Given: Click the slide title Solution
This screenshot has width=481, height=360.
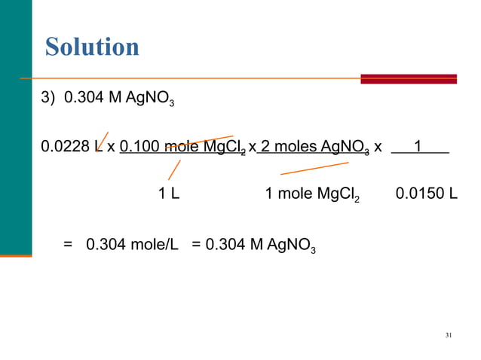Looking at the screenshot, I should [92, 47].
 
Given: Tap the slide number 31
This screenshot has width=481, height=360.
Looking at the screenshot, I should [449, 334].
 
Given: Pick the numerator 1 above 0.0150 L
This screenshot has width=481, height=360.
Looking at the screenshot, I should [417, 148].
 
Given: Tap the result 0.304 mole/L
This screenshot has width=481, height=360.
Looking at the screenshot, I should [132, 245].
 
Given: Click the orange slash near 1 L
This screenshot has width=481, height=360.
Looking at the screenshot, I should [174, 169].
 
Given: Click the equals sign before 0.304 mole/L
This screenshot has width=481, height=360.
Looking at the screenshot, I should [69, 245].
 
